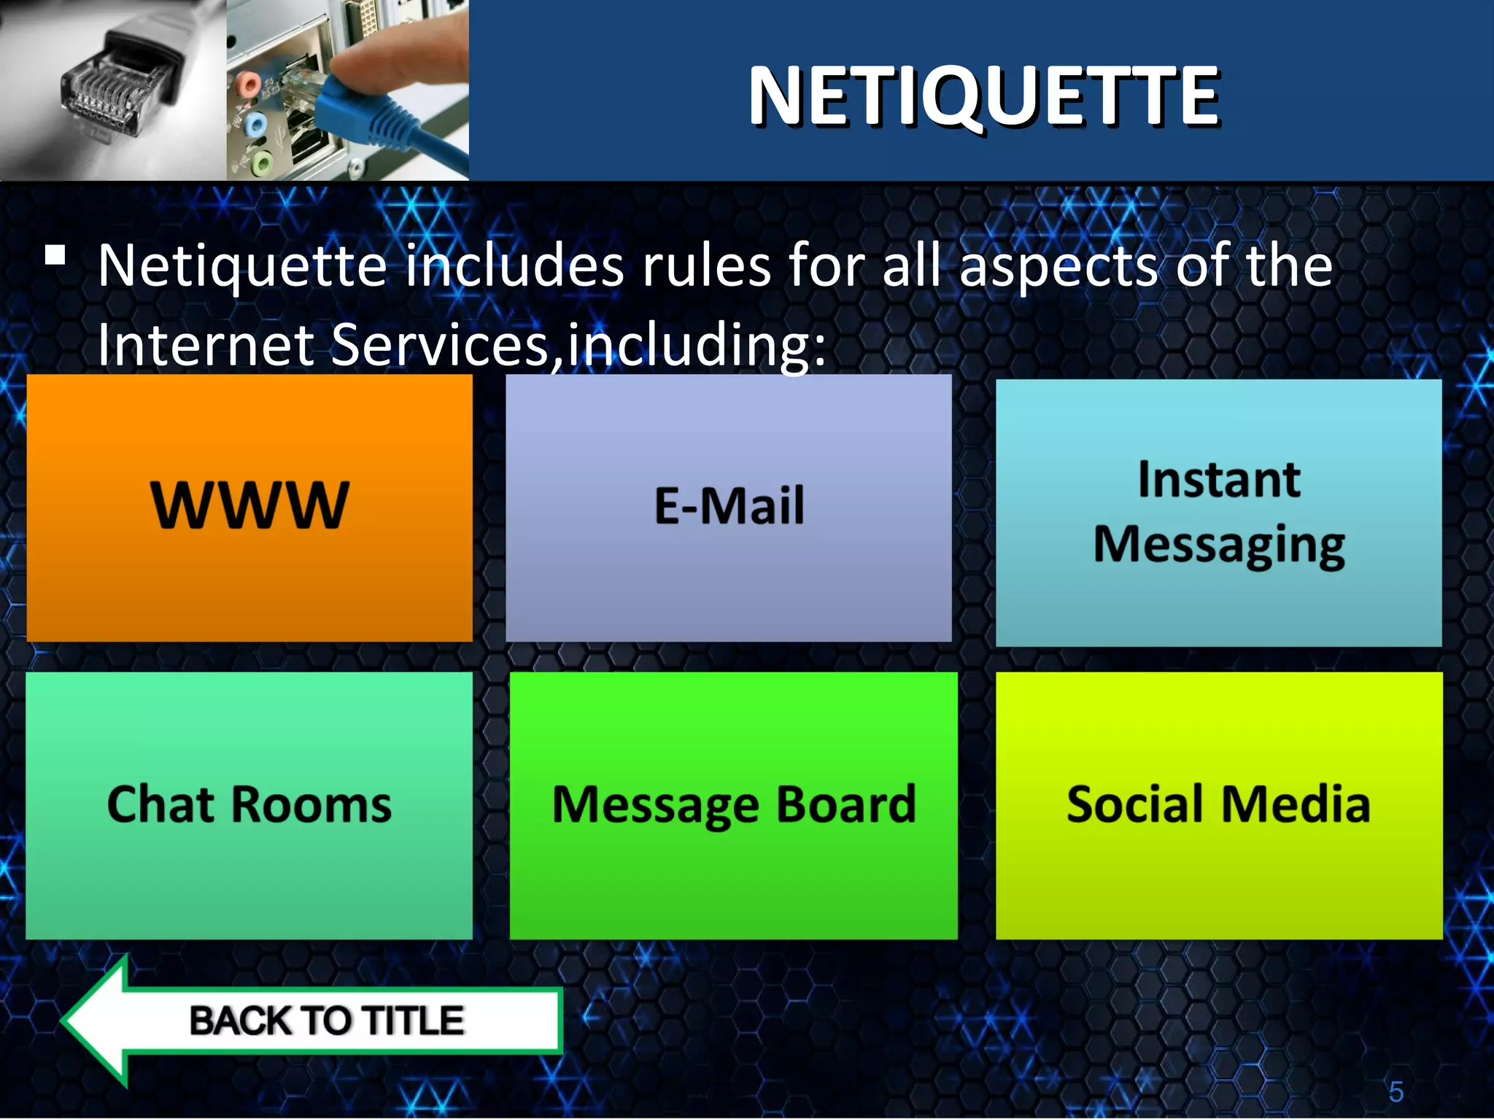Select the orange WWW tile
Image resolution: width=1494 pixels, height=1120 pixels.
[x=249, y=508]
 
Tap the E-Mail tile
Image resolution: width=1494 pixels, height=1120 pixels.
[x=729, y=508]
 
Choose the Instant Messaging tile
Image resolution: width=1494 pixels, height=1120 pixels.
[x=1218, y=513]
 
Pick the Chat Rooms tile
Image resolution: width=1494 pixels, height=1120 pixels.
[x=249, y=805]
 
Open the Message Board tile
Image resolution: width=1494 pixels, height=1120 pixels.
[x=733, y=805]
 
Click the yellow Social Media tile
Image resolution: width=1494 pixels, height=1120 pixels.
[x=1218, y=805]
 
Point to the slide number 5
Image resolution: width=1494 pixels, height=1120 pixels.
[x=1396, y=1092]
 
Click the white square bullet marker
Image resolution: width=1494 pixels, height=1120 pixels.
[x=55, y=254]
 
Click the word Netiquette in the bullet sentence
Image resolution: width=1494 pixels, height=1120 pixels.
[x=242, y=266]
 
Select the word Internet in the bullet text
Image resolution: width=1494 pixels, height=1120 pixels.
[x=206, y=344]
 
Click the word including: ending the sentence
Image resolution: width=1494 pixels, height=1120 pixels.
[x=697, y=344]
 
